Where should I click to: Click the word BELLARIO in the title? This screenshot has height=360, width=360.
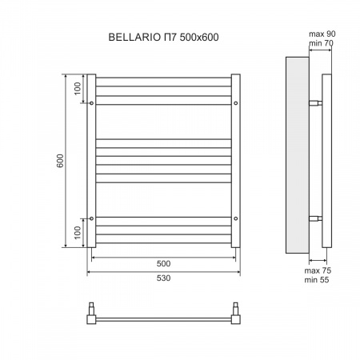tap(131, 36)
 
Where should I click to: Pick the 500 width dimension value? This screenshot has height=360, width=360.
tap(164, 263)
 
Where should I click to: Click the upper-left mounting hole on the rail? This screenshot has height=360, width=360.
tap(93, 104)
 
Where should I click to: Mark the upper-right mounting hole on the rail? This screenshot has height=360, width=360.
tap(235, 104)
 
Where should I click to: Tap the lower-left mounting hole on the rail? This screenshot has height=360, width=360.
tap(93, 218)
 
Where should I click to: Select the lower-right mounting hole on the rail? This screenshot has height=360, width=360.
tap(235, 218)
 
